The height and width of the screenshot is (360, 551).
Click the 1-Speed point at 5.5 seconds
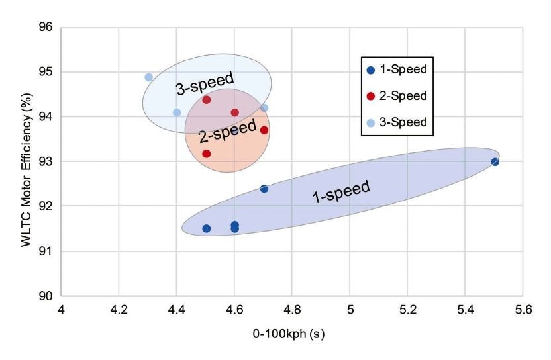tap(495, 162)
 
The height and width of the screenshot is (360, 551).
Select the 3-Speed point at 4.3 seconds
tap(148, 77)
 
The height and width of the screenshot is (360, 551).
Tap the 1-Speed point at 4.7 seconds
tap(264, 189)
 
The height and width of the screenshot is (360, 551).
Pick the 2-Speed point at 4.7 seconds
tap(264, 130)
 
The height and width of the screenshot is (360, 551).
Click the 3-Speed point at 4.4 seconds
tap(177, 112)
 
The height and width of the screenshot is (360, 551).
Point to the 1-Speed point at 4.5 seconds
tap(206, 228)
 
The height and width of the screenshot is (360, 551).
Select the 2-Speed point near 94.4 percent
tap(206, 100)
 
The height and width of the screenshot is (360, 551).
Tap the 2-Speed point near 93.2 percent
tap(206, 154)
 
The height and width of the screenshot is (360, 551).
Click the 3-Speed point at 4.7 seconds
tap(264, 108)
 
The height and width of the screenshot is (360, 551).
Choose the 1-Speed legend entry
tap(396, 69)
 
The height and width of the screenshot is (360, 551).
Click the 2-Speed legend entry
tap(396, 96)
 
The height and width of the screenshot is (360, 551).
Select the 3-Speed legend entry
tap(396, 122)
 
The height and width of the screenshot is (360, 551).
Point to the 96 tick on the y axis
tap(48, 28)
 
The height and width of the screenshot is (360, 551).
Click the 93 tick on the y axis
tap(48, 161)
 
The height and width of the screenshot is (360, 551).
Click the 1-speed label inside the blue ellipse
tap(340, 191)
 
